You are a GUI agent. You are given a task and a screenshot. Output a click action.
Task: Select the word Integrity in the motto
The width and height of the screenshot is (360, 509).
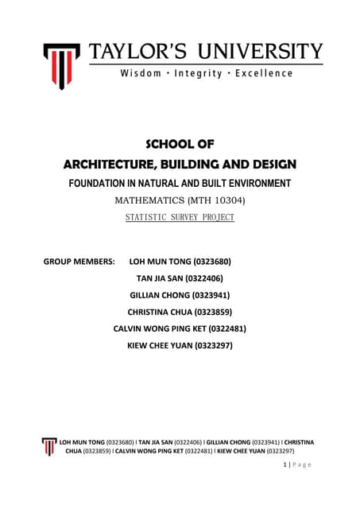(204, 73)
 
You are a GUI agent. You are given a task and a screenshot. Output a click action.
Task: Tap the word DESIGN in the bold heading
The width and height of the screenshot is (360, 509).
(269, 165)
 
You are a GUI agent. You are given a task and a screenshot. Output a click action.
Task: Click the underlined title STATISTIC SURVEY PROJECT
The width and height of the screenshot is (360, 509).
(180, 216)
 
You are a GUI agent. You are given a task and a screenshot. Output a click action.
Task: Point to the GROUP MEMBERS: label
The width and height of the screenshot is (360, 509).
(79, 261)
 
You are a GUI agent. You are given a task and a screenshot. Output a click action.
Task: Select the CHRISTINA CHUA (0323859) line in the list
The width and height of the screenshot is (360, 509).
(180, 312)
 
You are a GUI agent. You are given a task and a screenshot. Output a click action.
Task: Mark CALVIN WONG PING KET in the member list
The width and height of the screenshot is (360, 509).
(163, 328)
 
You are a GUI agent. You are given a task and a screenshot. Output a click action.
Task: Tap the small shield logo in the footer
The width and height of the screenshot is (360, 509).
(51, 445)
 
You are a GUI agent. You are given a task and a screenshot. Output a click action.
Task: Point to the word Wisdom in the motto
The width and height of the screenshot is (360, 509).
(140, 73)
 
